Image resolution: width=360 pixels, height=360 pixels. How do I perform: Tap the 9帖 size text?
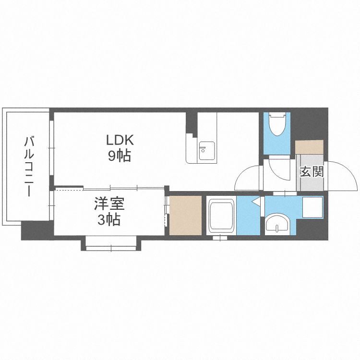pyautogui.click(x=120, y=156)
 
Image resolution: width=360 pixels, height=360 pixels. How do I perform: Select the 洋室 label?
pyautogui.click(x=109, y=204)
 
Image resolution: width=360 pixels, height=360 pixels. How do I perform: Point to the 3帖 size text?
pyautogui.click(x=109, y=220)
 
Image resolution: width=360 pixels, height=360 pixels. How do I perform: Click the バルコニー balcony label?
pyautogui.click(x=29, y=166)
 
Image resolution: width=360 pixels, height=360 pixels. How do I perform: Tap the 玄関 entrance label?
pyautogui.click(x=312, y=171)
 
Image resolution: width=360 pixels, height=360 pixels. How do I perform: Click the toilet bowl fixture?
pyautogui.click(x=277, y=124)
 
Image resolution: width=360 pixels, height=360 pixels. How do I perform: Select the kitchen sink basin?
pyautogui.click(x=207, y=151)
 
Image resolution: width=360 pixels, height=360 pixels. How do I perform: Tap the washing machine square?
pyautogui.click(x=312, y=207)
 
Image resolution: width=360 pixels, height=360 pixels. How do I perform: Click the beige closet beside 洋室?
pyautogui.click(x=185, y=216)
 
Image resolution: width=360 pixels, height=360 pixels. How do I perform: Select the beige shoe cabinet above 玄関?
pyautogui.click(x=309, y=147)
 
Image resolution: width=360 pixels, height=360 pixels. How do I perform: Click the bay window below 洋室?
pyautogui.click(x=111, y=245)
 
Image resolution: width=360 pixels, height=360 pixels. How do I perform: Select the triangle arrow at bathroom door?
pyautogui.click(x=256, y=201)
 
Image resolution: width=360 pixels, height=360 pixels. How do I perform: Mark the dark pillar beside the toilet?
pyautogui.click(x=309, y=124)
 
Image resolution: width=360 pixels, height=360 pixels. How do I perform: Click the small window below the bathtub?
pyautogui.click(x=220, y=238)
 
